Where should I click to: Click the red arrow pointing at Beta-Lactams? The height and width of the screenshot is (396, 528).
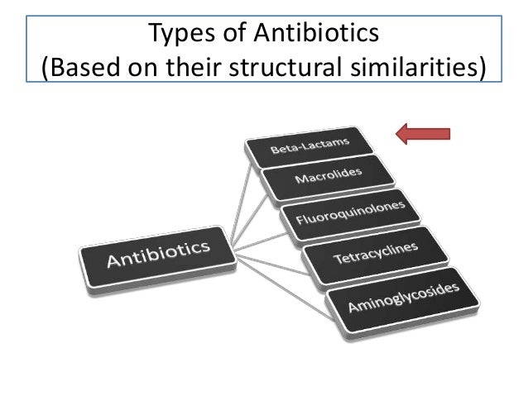424,132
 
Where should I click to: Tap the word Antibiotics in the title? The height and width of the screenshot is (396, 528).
312,34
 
